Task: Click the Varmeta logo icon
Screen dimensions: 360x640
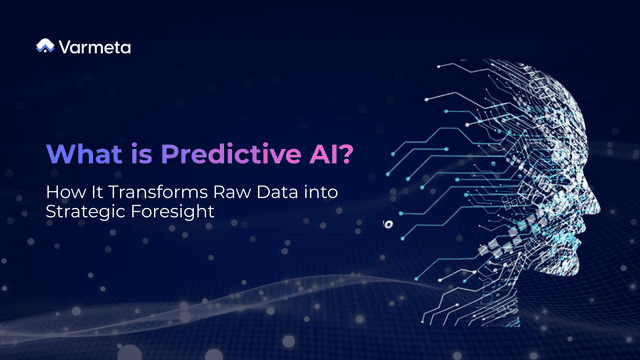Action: (45, 45)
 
